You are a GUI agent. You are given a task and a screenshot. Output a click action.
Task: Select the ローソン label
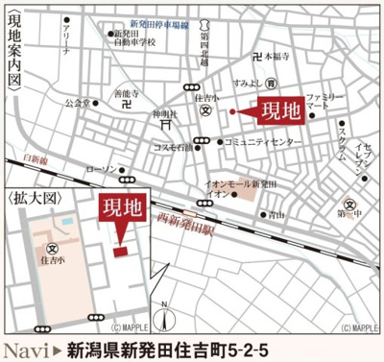[100, 170]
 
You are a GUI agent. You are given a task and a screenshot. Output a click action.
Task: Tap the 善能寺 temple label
[127, 94]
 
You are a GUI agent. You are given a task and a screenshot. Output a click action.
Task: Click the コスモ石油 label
[173, 147]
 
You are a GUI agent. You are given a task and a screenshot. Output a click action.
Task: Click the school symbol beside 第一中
[352, 204]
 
